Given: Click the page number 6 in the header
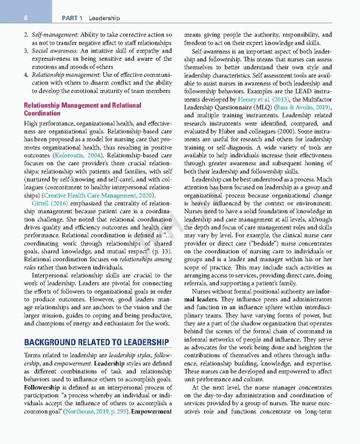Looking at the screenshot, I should click(26, 18).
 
